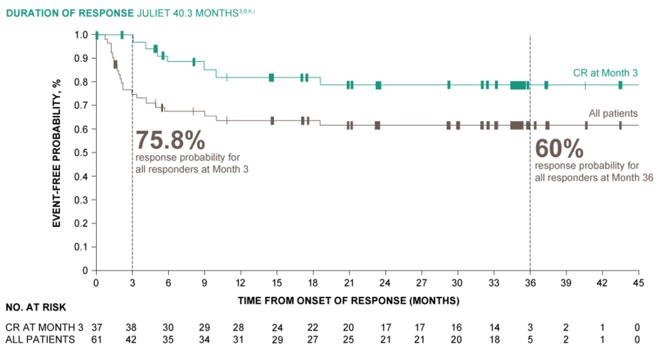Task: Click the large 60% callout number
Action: pyautogui.click(x=560, y=149)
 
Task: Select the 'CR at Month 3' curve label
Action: pyautogui.click(x=605, y=73)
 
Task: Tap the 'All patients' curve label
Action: pyautogui.click(x=612, y=113)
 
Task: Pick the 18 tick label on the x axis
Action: pyautogui.click(x=313, y=282)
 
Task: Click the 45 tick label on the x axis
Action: pyautogui.click(x=638, y=282)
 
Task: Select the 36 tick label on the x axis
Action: pyautogui.click(x=530, y=282)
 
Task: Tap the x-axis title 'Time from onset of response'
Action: pyautogui.click(x=348, y=301)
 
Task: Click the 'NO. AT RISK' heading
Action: pyautogui.click(x=36, y=308)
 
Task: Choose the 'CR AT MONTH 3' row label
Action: pyautogui.click(x=44, y=327)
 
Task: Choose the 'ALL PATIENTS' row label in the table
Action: pyautogui.click(x=40, y=339)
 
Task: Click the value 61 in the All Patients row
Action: pyautogui.click(x=96, y=339)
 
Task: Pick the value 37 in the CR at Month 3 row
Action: pyautogui.click(x=96, y=327)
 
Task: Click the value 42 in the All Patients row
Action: pyautogui.click(x=132, y=339)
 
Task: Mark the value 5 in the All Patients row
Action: pyautogui.click(x=530, y=339)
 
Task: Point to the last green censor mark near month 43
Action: pyautogui.click(x=620, y=85)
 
